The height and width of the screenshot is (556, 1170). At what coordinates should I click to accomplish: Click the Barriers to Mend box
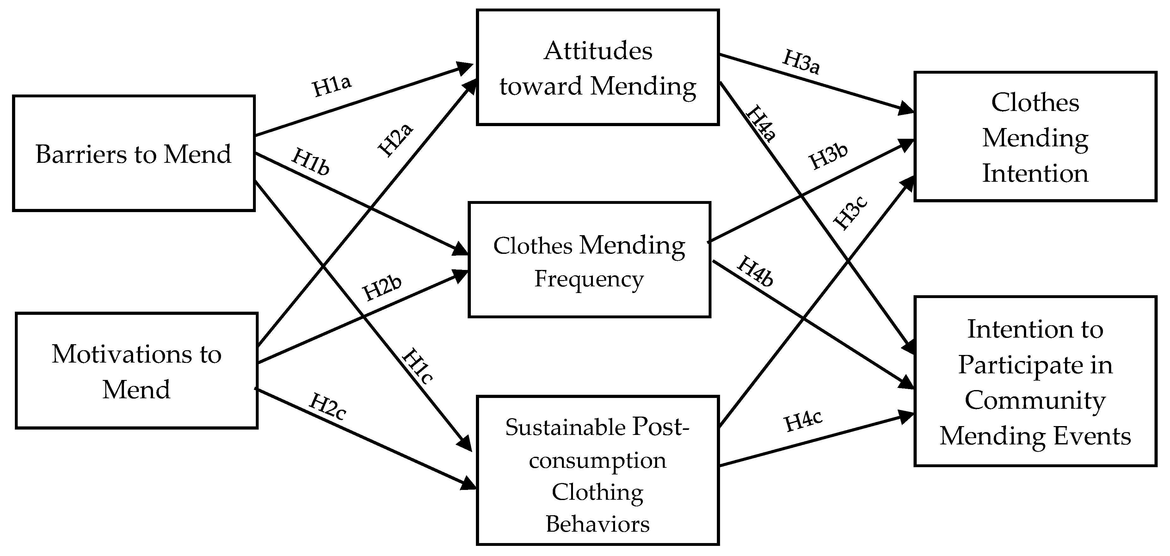(133, 153)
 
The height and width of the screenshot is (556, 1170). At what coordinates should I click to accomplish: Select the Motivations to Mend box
(136, 370)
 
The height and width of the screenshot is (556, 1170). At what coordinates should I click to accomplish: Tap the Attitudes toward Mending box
(597, 67)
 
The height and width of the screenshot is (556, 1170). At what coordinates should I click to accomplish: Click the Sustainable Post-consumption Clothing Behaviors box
(597, 470)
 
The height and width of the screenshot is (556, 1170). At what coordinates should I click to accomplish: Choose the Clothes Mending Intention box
(1035, 136)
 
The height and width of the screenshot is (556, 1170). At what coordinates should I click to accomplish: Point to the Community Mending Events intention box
(1035, 381)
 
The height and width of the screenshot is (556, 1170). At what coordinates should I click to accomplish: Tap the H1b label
(311, 162)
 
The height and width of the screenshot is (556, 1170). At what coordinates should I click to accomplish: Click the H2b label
(382, 288)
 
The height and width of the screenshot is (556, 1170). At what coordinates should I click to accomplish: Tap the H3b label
(828, 156)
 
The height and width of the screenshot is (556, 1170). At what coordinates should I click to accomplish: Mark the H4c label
(803, 421)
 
